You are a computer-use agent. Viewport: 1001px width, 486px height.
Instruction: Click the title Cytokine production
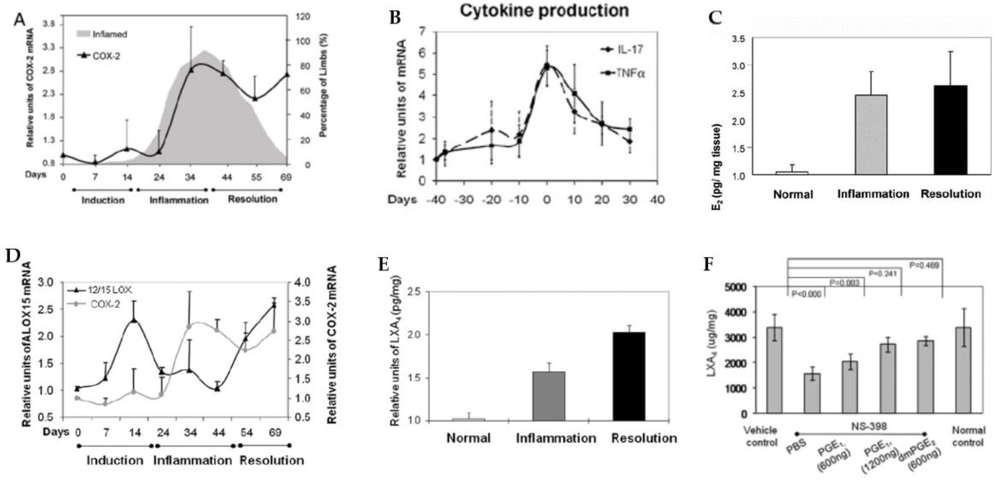(x=544, y=11)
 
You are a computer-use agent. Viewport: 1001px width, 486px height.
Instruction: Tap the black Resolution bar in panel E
(x=629, y=376)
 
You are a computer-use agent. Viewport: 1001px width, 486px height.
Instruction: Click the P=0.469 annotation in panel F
(x=924, y=265)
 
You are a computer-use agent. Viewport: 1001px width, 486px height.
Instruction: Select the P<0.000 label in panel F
(x=806, y=294)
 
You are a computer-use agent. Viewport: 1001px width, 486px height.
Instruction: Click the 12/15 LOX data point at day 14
(x=134, y=320)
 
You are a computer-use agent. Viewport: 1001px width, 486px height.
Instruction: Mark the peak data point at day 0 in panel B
(x=546, y=66)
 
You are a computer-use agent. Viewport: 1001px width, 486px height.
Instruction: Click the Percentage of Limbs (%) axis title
(x=323, y=86)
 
